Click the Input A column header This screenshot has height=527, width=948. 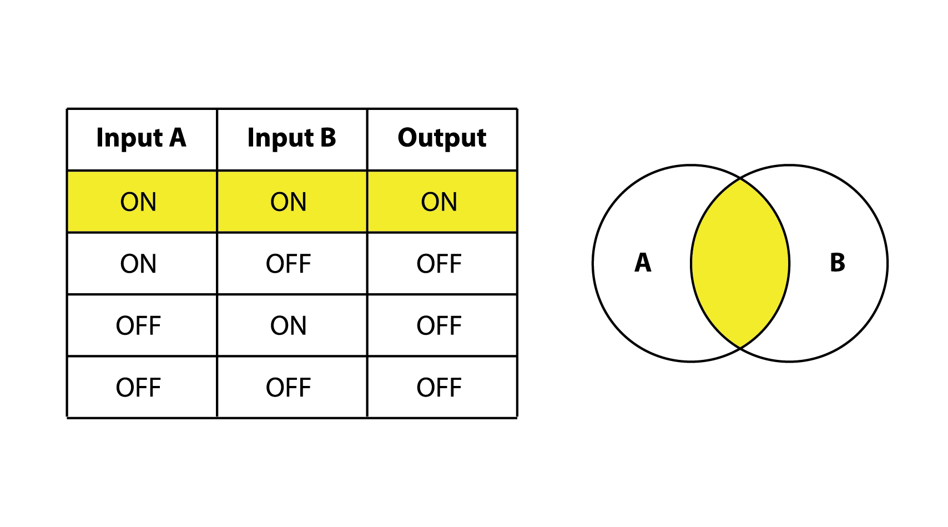coord(141,138)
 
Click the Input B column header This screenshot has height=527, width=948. coord(291,138)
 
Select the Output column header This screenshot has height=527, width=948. coord(442,138)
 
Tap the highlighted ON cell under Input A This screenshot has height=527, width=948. coord(139,202)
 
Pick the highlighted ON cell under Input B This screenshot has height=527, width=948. coord(289,202)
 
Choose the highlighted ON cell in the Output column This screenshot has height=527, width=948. coord(439,202)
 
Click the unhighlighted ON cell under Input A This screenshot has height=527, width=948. coord(139,264)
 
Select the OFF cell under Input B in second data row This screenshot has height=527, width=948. coord(289,264)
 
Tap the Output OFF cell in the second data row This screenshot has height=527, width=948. coord(439,264)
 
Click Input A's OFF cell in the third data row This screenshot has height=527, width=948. coord(139,326)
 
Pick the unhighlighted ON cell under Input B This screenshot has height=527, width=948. coord(289,326)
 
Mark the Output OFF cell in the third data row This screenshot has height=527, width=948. coord(439,326)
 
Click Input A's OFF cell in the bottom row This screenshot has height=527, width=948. coord(139,388)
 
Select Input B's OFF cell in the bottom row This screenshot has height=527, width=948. coord(289,388)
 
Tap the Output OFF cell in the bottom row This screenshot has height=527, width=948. coord(439,388)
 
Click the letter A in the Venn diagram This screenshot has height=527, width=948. coord(643,263)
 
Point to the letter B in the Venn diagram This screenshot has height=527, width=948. coord(837,263)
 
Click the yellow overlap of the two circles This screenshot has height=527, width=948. coord(740,264)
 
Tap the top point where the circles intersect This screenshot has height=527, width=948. coord(740,179)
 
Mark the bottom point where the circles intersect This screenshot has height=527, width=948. coord(740,348)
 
